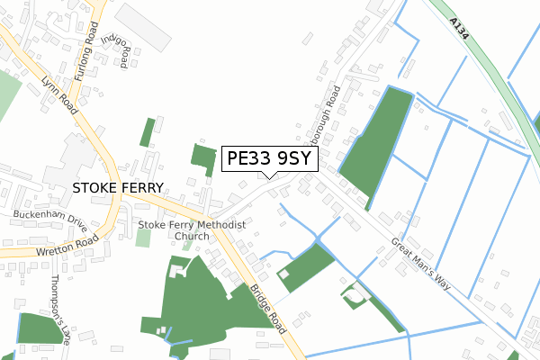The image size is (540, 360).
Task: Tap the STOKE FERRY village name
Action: [115, 188]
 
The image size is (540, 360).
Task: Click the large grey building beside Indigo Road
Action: [144, 27]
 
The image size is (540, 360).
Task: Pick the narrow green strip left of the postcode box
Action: [148, 132]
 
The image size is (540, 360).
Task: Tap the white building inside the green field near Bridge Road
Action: [285, 274]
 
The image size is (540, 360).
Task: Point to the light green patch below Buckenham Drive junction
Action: [143, 238]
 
